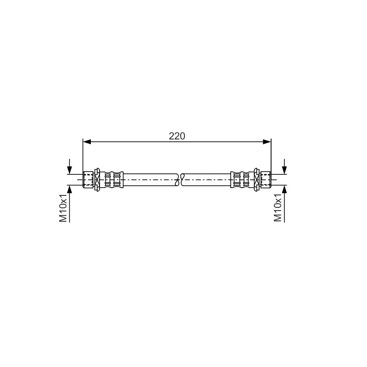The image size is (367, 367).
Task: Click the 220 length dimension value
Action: pyautogui.click(x=177, y=136)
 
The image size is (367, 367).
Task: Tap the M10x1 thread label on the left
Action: pyautogui.click(x=63, y=208)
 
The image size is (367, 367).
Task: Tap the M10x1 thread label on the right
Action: pyautogui.click(x=278, y=208)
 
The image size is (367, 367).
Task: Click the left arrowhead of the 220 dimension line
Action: pyautogui.click(x=87, y=142)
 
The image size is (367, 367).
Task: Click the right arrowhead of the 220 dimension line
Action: pyautogui.click(x=267, y=142)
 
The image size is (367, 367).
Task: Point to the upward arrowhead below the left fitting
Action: pyautogui.click(x=69, y=189)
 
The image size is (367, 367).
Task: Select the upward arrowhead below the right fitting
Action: pyautogui.click(x=284, y=189)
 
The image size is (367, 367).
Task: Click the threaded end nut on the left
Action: pyautogui.click(x=88, y=179)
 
